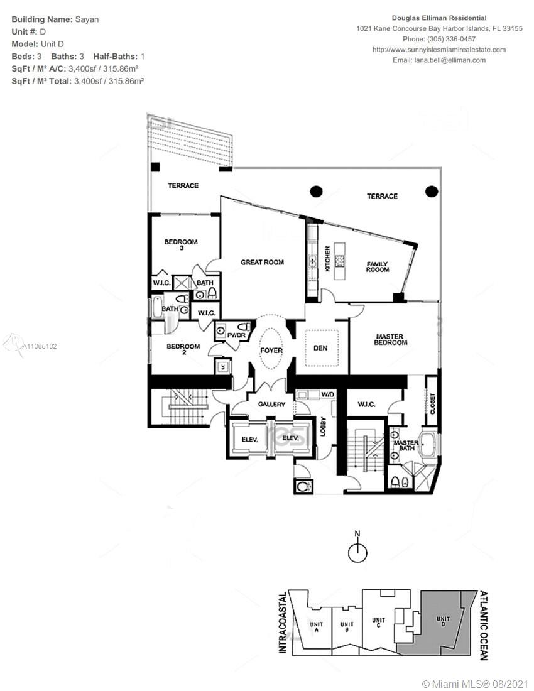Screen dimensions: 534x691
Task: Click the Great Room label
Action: point(262,262)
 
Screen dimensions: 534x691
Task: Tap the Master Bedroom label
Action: point(390,339)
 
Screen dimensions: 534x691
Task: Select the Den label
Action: point(320,348)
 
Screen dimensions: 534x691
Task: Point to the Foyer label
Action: point(271,351)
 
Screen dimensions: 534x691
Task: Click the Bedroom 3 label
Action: point(181,244)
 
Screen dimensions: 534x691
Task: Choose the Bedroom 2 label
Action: point(183,349)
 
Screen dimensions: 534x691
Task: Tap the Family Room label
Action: point(378,266)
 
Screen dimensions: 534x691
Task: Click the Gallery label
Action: point(271,404)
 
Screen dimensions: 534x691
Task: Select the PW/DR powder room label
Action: point(236,335)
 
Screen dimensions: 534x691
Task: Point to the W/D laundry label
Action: point(327,394)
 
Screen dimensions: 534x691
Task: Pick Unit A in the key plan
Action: point(317,627)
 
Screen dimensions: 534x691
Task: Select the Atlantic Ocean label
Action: point(483,626)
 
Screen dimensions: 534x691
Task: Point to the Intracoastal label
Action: point(283,623)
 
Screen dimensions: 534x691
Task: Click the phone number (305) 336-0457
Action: point(451,39)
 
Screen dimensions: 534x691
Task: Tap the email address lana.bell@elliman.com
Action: point(450,60)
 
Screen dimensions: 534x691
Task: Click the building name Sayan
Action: point(87,19)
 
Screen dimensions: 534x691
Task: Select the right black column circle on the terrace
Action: point(432,191)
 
